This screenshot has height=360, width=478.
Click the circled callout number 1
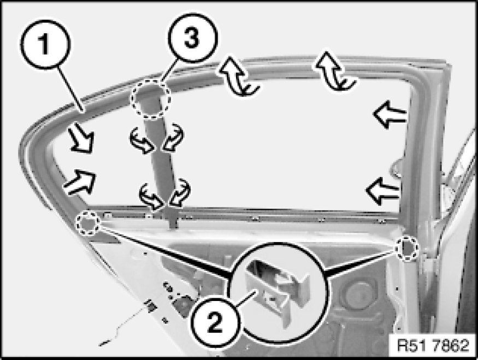click(45, 44)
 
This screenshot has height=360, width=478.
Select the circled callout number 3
click(193, 38)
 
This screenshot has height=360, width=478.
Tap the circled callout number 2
click(215, 323)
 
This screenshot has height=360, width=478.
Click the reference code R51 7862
click(433, 346)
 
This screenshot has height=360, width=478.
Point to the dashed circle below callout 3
click(150, 99)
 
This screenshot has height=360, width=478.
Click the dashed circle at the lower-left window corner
click(88, 222)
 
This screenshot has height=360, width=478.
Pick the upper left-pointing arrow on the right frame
click(390, 115)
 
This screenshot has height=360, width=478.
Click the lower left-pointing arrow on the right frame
click(382, 191)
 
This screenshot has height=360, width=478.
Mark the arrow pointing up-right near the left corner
click(80, 182)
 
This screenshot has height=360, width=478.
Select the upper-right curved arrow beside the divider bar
click(173, 137)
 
